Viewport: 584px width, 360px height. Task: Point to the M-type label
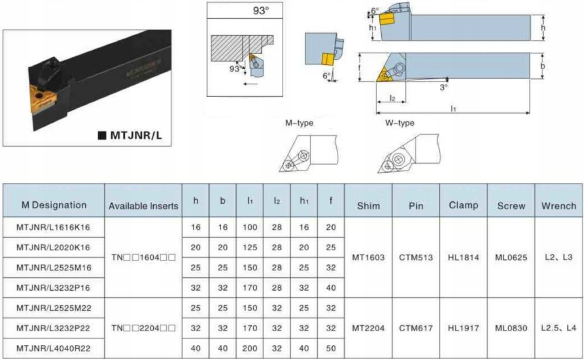299,123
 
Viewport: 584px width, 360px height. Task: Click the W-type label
400,123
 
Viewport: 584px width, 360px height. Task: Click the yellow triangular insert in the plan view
383,74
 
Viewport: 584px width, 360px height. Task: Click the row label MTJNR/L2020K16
53,248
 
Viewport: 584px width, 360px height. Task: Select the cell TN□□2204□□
143,328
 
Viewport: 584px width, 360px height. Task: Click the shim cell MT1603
368,257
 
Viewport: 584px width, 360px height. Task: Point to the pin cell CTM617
416,328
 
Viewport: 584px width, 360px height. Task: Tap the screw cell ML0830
511,328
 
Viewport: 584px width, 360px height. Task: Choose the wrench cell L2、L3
559,257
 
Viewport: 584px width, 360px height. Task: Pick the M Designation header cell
53,205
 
